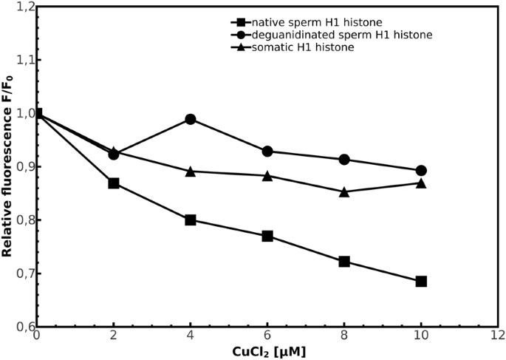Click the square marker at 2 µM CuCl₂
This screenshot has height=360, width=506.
click(114, 183)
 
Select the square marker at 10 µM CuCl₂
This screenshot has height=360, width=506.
click(421, 281)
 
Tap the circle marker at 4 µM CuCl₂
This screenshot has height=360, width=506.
click(191, 119)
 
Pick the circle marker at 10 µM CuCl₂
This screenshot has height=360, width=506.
click(421, 170)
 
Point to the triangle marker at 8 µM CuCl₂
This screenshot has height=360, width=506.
click(344, 191)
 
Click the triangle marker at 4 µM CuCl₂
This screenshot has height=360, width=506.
click(191, 171)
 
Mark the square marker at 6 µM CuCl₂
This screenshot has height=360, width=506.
click(267, 236)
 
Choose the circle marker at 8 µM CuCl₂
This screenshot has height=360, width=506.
click(344, 160)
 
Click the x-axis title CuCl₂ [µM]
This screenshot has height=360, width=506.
click(267, 352)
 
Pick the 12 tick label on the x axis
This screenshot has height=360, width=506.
click(498, 336)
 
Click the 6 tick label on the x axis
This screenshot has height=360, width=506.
click(267, 336)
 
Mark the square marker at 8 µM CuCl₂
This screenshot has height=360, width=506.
click(344, 262)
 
